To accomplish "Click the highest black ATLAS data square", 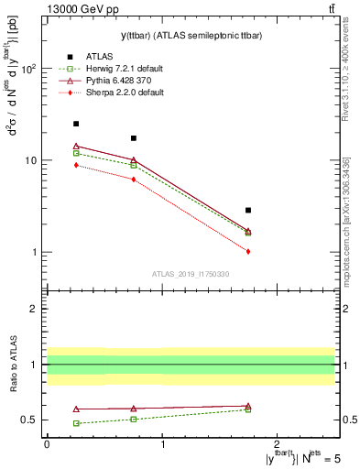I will pyautogui.click(x=76, y=124).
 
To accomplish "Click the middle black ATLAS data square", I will pyautogui.click(x=134, y=138).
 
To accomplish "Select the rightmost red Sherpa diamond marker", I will pyautogui.click(x=248, y=251).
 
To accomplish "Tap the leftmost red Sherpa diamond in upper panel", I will pyautogui.click(x=76, y=165).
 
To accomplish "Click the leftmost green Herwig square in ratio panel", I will pyautogui.click(x=76, y=423).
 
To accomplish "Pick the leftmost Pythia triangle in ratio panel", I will pyautogui.click(x=76, y=409).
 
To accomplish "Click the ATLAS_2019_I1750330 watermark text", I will pyautogui.click(x=190, y=274).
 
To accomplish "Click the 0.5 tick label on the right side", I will pyautogui.click(x=348, y=420).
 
